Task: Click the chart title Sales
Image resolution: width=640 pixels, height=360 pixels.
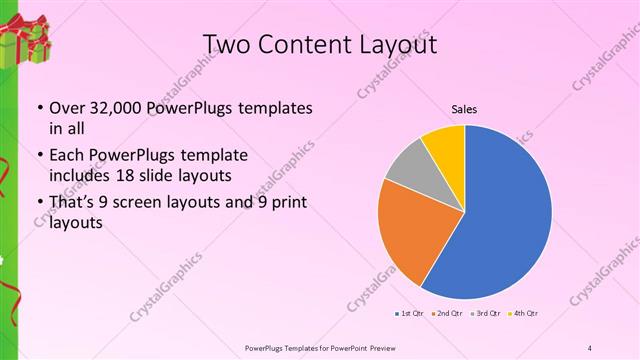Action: [464, 110]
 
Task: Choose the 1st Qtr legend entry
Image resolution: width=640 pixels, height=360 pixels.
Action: [410, 314]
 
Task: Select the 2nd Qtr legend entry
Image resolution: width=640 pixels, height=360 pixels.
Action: [448, 314]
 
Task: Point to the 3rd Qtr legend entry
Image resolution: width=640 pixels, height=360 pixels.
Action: [487, 314]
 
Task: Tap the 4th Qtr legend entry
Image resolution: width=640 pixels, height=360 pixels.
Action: [525, 314]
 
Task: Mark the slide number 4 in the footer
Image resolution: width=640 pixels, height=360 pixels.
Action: [590, 347]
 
